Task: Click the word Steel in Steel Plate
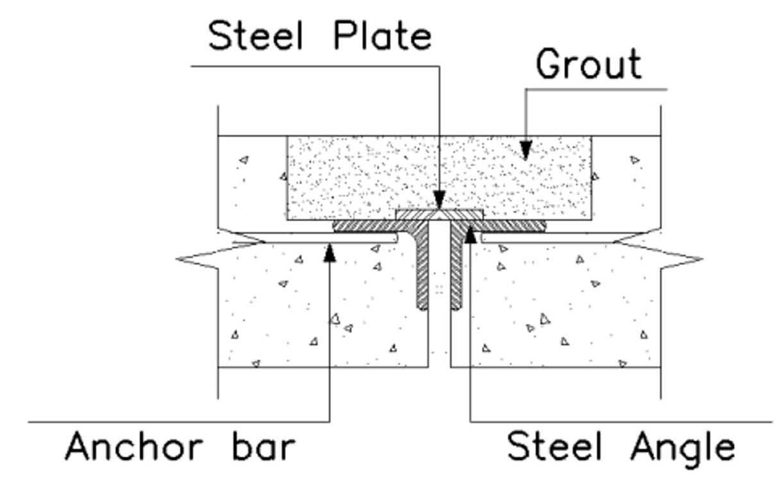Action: tap(255, 37)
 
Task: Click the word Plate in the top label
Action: tap(382, 37)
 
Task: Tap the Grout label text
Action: tap(588, 64)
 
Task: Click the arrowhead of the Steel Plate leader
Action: tap(439, 200)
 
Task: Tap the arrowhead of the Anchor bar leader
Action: tap(329, 251)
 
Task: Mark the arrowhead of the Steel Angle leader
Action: tap(470, 234)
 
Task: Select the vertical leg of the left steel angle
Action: tap(423, 269)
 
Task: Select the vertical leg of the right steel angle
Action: tap(456, 269)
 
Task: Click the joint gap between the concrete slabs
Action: tap(439, 340)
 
